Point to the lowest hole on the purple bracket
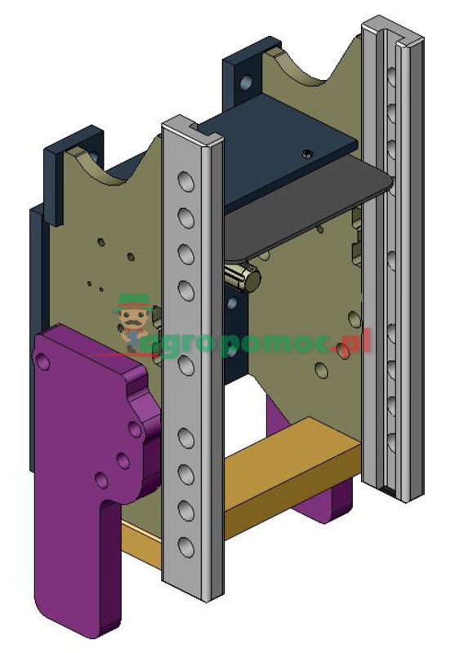click(100, 479)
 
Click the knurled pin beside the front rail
click(242, 276)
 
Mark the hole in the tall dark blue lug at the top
click(243, 82)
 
